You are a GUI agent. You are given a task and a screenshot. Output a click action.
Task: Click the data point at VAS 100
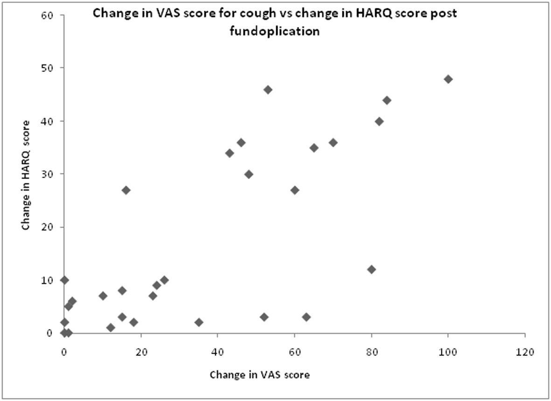click(x=448, y=79)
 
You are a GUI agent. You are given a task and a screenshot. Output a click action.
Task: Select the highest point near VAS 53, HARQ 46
click(x=268, y=90)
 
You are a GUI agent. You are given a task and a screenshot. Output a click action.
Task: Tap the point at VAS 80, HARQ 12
click(x=371, y=270)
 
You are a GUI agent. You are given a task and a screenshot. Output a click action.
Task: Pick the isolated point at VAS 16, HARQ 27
click(x=126, y=190)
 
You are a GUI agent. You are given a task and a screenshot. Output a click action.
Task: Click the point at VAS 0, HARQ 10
click(x=64, y=280)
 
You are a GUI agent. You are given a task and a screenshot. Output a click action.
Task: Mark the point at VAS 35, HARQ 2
click(x=199, y=322)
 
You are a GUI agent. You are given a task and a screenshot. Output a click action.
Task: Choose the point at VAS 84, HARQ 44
click(x=387, y=100)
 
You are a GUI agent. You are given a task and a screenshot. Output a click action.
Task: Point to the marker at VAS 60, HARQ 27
click(x=295, y=190)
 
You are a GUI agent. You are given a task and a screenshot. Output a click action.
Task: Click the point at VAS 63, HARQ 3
click(x=306, y=317)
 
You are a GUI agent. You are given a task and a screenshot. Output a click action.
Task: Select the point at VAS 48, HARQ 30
click(x=249, y=174)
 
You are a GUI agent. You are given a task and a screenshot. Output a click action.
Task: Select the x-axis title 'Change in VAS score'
click(x=259, y=374)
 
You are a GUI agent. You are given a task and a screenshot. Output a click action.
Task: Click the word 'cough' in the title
click(x=253, y=14)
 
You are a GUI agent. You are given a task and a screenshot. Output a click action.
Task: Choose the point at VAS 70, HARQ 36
click(x=333, y=143)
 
